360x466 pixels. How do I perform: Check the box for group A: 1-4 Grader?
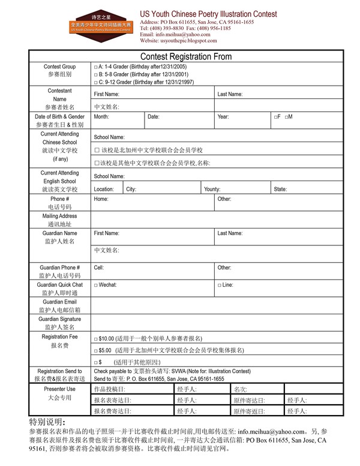pyautogui.click(x=96, y=67)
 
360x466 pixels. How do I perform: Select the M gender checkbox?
pyautogui.click(x=287, y=116)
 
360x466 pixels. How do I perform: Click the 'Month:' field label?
pyautogui.click(x=101, y=116)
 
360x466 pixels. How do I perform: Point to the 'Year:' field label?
pyautogui.click(x=223, y=116)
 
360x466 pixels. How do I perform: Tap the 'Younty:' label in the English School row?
pyautogui.click(x=212, y=189)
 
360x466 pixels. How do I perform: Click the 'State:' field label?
pyautogui.click(x=280, y=189)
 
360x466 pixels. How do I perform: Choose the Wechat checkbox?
pyautogui.click(x=96, y=285)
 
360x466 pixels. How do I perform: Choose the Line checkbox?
pyautogui.click(x=219, y=285)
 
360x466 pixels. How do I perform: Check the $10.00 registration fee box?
pyautogui.click(x=96, y=339)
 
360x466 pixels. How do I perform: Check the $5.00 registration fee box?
pyautogui.click(x=96, y=350)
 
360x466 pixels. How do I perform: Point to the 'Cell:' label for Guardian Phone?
pyautogui.click(x=99, y=267)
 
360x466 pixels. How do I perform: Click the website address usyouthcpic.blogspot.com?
pyautogui.click(x=178, y=40)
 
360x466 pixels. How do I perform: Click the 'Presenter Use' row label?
pyautogui.click(x=59, y=389)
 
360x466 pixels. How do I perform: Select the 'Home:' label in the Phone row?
pyautogui.click(x=101, y=199)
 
